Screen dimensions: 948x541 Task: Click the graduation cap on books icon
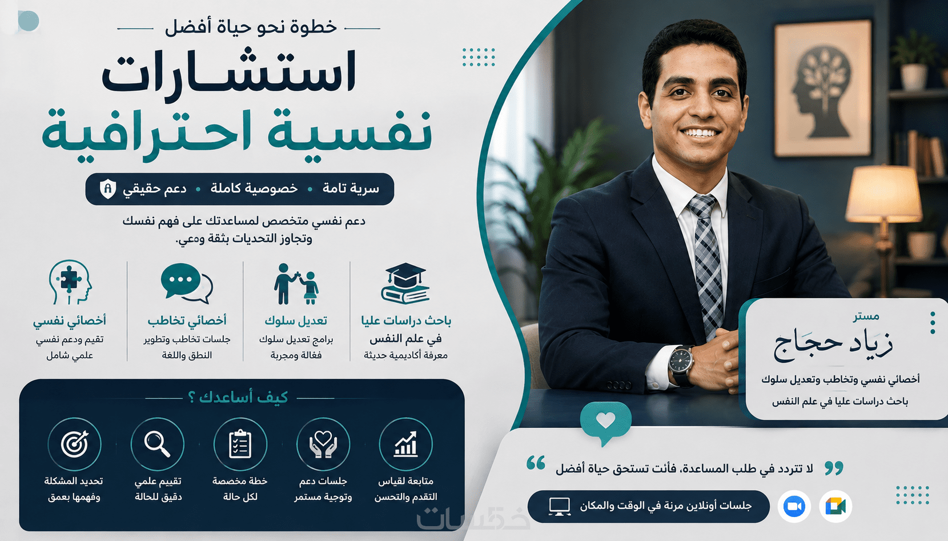coord(405,283)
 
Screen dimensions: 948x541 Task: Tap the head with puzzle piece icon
coord(70,282)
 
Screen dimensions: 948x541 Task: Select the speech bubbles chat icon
coord(187,283)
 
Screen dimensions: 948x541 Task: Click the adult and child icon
coord(296,283)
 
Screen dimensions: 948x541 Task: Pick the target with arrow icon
coord(74,444)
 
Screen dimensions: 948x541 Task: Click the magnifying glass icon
coord(158,444)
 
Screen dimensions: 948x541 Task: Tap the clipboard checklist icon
coord(240,444)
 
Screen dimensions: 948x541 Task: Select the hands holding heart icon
coord(323,444)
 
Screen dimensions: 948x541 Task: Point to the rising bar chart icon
coord(406,444)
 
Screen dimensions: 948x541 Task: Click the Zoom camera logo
coord(794,506)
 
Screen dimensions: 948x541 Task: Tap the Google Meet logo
coord(835,506)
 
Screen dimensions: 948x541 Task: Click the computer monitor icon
coord(560,506)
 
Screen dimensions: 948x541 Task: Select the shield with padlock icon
coord(108,189)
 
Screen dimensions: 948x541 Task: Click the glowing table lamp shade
coord(883,194)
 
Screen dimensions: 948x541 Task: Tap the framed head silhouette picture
coord(823,88)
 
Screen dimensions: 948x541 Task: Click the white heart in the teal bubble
coord(605,420)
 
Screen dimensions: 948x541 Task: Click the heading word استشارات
coord(229,72)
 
